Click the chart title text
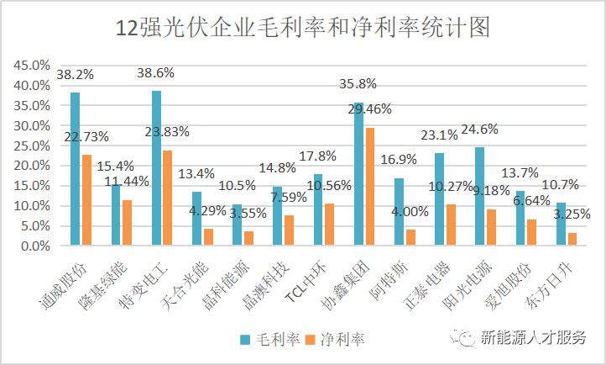point(302,27)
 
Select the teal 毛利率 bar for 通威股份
point(75,169)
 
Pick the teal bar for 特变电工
point(156,168)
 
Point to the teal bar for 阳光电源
point(479,197)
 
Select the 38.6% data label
point(156,73)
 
